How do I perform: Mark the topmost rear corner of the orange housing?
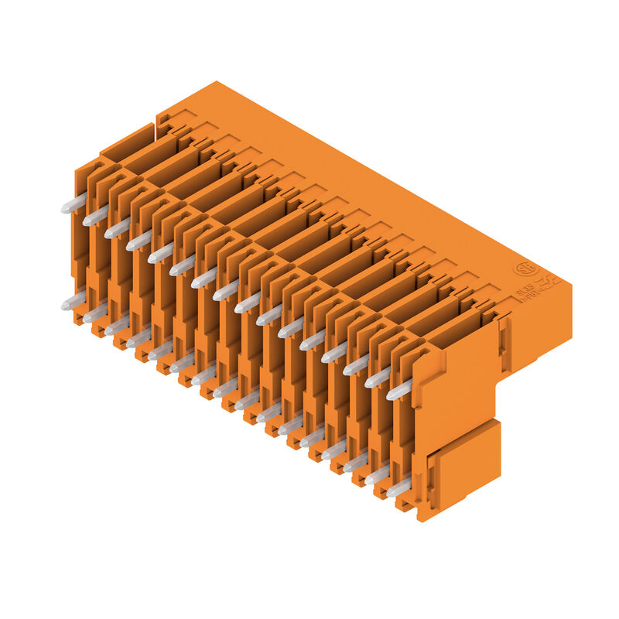coord(217,82)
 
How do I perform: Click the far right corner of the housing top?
coord(571,284)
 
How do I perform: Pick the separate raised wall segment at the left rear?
coord(128,143)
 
